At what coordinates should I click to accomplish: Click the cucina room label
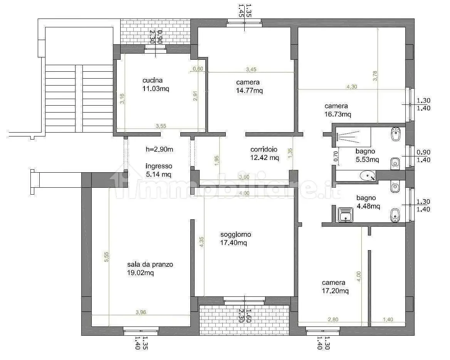click(x=153, y=81)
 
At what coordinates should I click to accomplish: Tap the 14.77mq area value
click(x=249, y=91)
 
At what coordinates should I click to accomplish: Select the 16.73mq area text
click(x=338, y=114)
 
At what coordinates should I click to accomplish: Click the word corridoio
click(x=264, y=149)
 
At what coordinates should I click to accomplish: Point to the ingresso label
click(x=159, y=166)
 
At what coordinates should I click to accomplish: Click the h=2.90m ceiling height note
click(x=160, y=149)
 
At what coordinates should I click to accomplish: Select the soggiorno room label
click(x=236, y=235)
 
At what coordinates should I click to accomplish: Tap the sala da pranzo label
click(x=150, y=264)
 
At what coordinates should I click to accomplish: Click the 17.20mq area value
click(x=335, y=291)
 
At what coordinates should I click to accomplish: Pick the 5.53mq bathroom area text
click(x=367, y=160)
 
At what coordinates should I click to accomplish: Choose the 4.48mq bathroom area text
click(x=368, y=206)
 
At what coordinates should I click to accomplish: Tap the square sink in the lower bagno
click(x=346, y=215)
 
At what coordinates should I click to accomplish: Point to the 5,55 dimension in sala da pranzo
click(x=106, y=257)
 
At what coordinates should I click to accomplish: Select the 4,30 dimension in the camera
click(x=352, y=86)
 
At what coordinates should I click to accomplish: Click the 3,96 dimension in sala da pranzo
click(x=141, y=312)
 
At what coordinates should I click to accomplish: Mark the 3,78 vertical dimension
click(x=375, y=76)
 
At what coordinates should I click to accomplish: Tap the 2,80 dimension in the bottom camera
click(x=333, y=319)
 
